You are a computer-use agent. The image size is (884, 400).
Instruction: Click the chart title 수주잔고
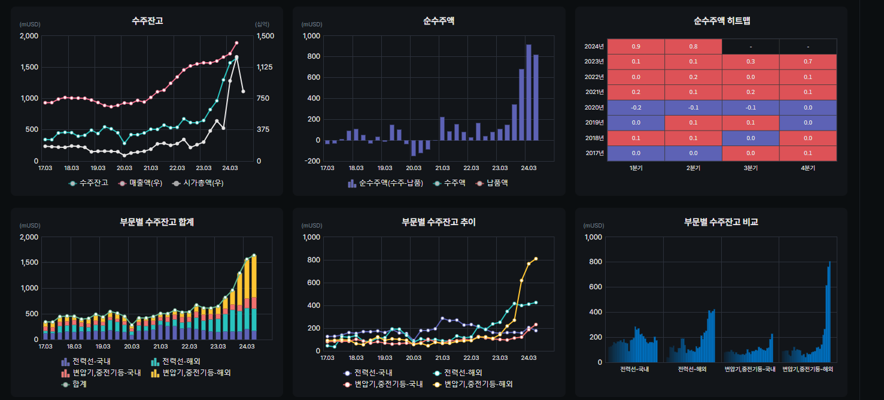pyautogui.click(x=147, y=21)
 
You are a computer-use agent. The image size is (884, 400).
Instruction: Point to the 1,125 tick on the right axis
pyautogui.click(x=265, y=67)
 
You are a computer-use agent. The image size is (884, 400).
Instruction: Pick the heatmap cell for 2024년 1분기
pyautogui.click(x=636, y=47)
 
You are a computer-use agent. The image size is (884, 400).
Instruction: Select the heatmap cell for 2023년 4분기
pyautogui.click(x=808, y=62)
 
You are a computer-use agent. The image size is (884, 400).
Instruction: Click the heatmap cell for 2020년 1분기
pyautogui.click(x=636, y=108)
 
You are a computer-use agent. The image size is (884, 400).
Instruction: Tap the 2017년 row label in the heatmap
pyautogui.click(x=594, y=153)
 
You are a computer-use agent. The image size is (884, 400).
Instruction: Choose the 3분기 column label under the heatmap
pyautogui.click(x=751, y=168)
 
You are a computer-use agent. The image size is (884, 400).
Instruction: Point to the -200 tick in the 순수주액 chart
pyautogui.click(x=312, y=161)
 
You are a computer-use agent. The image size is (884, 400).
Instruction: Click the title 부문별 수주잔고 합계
pyautogui.click(x=157, y=222)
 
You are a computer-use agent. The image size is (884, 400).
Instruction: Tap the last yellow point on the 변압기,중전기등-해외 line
pyautogui.click(x=536, y=259)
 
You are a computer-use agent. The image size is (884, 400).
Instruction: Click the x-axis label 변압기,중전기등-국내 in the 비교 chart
pyautogui.click(x=750, y=369)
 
